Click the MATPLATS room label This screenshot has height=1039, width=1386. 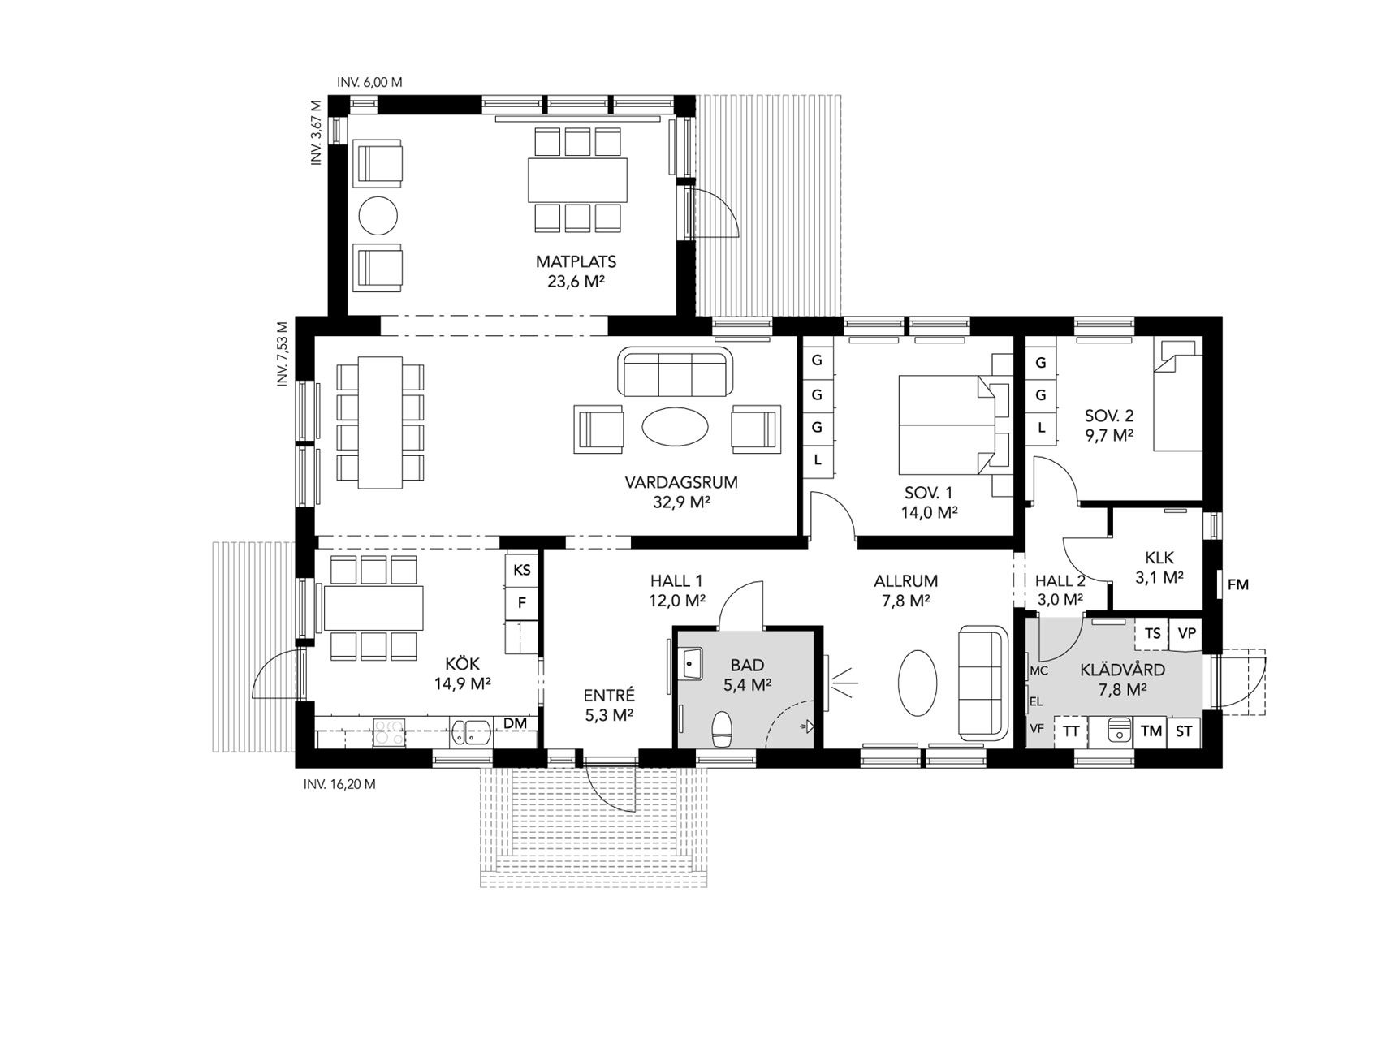[576, 262]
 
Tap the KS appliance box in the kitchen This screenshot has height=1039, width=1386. [522, 570]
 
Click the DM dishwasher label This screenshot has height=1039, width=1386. [516, 723]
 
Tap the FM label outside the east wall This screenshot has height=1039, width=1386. [1238, 584]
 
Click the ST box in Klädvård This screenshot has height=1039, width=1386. [1184, 731]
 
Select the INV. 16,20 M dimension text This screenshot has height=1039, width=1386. [339, 785]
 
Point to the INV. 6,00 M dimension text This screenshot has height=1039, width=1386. [369, 82]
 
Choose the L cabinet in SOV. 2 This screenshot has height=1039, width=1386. [1041, 427]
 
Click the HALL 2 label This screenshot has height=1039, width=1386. [1060, 581]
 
